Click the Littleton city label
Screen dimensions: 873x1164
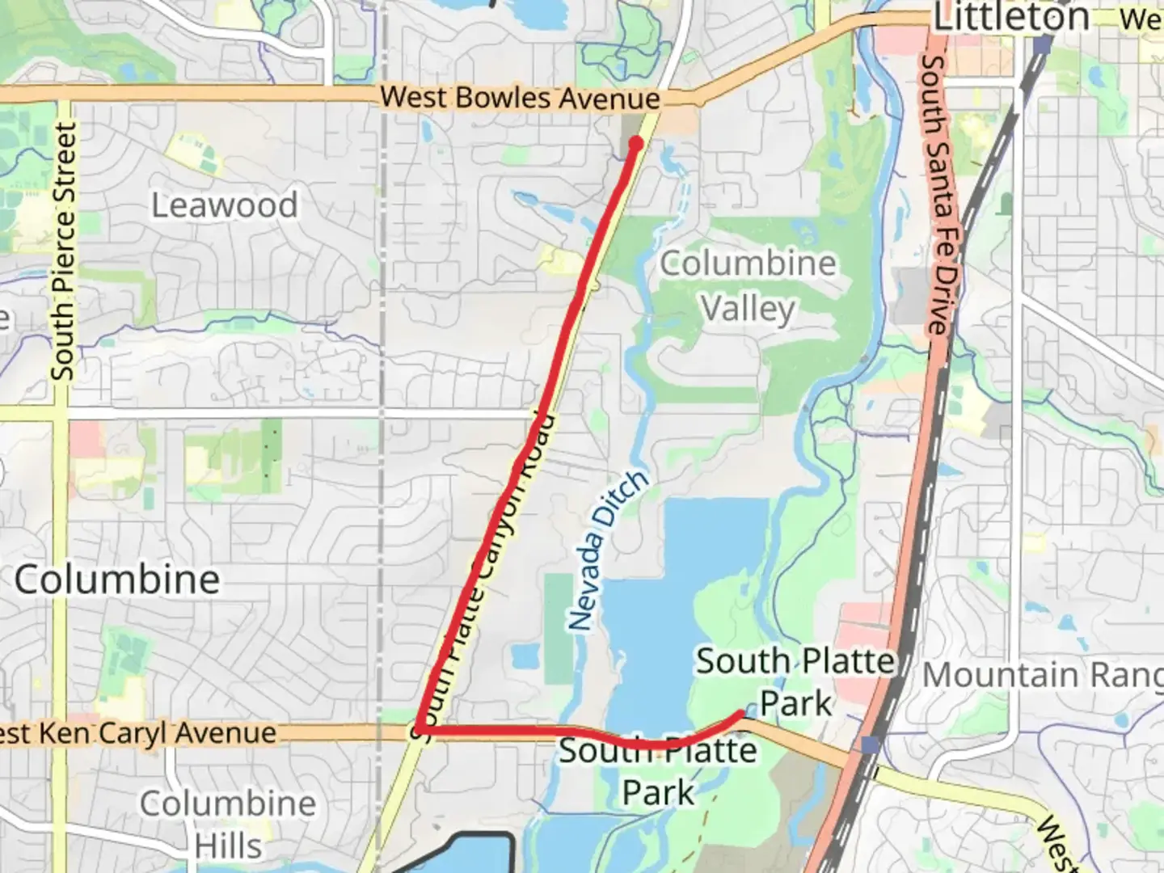(x=1010, y=18)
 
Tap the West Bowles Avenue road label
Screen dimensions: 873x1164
(x=520, y=98)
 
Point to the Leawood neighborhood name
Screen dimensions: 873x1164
(x=225, y=205)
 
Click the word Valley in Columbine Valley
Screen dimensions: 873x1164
(x=748, y=309)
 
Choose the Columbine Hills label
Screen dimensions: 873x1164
(x=228, y=824)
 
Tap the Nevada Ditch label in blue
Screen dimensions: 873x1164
(x=607, y=550)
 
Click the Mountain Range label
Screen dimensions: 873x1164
(x=1043, y=675)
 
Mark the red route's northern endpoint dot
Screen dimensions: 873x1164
(x=635, y=144)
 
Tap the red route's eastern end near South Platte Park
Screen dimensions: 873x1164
(x=740, y=714)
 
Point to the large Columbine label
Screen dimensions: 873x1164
(x=117, y=580)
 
